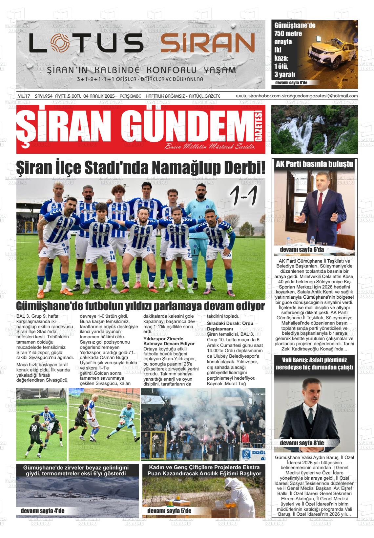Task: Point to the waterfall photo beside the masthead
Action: click(314, 129)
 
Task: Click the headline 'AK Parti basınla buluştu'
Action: click(314, 164)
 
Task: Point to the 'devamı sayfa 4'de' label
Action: click(42, 511)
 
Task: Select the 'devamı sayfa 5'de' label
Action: click(169, 511)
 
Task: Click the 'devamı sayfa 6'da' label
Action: click(301, 250)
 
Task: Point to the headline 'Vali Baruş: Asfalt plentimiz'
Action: click(314, 360)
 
